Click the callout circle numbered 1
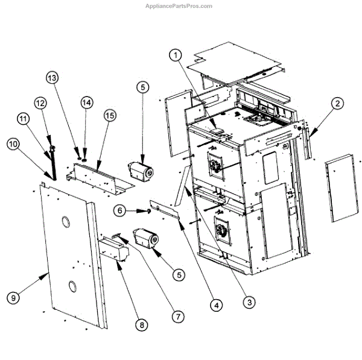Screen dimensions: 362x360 click(176, 55)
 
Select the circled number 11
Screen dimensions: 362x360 click(24, 119)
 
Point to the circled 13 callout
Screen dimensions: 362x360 click(52, 78)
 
